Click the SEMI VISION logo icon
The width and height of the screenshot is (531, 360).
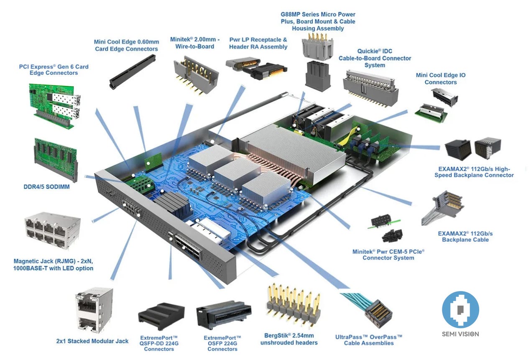tap(460, 309)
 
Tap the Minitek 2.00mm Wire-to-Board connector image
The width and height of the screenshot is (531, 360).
tap(191, 74)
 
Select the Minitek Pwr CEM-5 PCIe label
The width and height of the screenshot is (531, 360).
tap(388, 255)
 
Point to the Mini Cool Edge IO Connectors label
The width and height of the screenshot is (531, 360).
tap(440, 79)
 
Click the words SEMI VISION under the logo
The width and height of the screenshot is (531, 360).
tap(460, 334)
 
